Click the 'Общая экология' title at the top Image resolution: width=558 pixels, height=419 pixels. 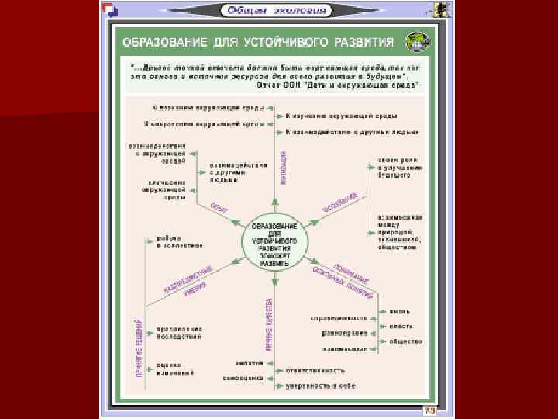coord(276,11)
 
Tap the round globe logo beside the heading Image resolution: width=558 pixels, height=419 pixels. coord(416,41)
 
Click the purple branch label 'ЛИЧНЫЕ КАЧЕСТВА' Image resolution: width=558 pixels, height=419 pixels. coord(270,324)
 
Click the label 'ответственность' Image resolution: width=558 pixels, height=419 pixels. coord(314,370)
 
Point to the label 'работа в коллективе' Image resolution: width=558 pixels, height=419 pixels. coord(180,241)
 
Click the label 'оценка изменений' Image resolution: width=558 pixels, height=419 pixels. coord(175,369)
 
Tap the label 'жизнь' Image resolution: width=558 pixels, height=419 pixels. coord(400,312)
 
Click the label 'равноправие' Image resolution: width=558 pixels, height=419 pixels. coord(343,334)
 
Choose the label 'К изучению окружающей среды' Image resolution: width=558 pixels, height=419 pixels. coord(331,116)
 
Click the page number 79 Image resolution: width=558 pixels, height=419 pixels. coord(427,409)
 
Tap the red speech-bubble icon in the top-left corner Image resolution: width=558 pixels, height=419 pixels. coord(112,10)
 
